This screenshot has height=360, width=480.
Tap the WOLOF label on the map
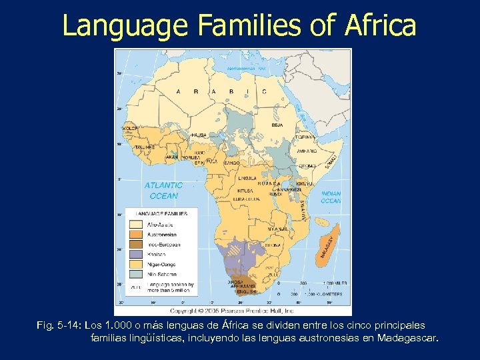click(130, 127)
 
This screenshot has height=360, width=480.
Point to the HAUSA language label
click(198, 135)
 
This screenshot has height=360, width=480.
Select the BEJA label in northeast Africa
click(277, 125)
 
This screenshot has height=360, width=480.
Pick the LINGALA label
click(247, 179)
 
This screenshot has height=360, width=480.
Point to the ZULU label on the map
click(274, 274)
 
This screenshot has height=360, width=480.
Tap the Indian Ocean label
click(331, 197)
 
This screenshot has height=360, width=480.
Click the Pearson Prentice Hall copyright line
click(231, 311)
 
